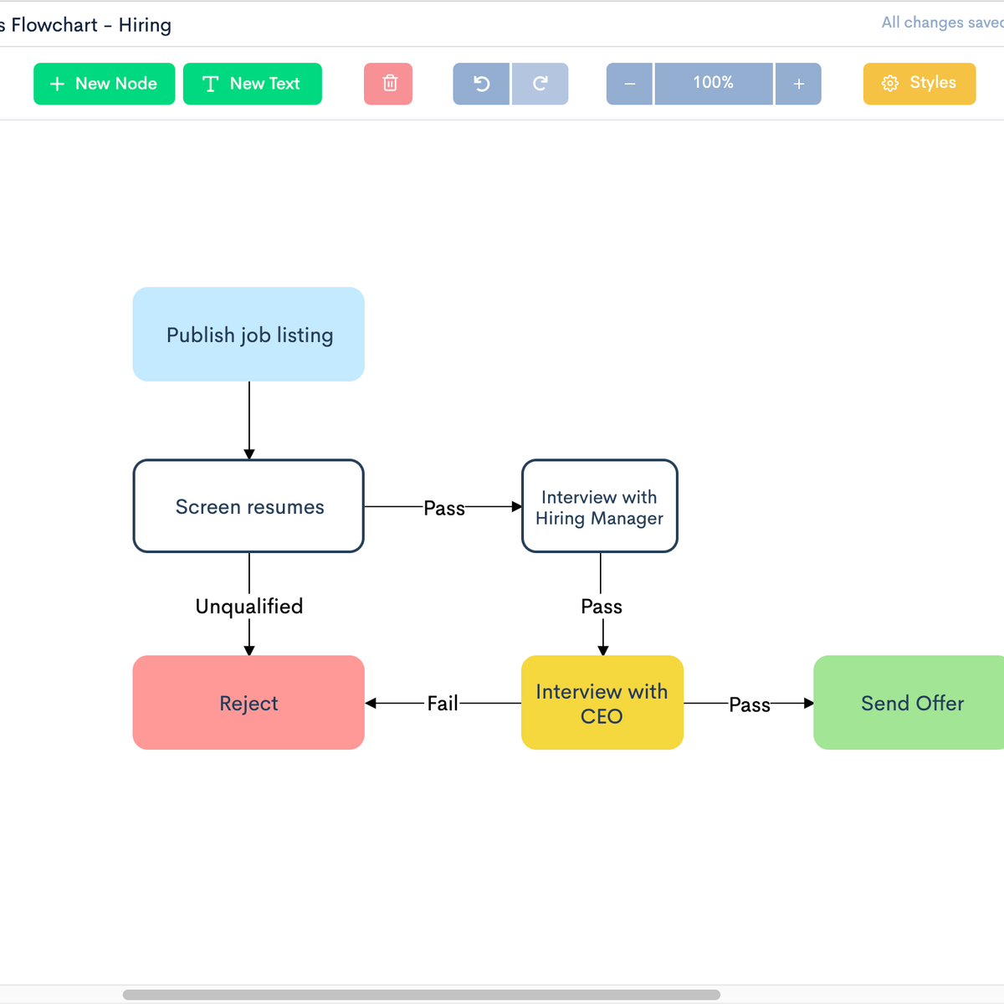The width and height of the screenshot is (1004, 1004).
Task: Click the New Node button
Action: click(104, 84)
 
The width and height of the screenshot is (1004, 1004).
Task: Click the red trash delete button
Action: click(388, 84)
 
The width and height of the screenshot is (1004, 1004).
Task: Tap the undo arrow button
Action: click(481, 84)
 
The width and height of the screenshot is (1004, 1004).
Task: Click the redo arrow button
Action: click(540, 84)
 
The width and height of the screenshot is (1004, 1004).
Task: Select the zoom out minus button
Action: click(629, 84)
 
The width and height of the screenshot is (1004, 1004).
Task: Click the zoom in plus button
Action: click(798, 84)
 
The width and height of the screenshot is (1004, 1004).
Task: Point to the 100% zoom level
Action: click(714, 84)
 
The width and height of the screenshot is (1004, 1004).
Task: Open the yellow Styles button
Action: click(919, 84)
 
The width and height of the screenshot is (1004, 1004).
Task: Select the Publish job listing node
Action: click(248, 335)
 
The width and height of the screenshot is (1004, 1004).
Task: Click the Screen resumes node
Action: click(248, 506)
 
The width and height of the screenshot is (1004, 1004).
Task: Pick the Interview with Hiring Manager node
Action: click(600, 506)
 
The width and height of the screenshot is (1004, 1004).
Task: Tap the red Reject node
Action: click(248, 703)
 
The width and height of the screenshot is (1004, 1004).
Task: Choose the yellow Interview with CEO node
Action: click(602, 703)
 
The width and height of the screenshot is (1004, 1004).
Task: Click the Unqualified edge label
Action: click(249, 607)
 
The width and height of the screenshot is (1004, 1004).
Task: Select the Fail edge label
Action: click(443, 704)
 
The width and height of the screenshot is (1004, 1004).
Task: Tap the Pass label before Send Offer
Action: click(749, 704)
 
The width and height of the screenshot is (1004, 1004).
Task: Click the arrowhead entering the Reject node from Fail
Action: click(371, 703)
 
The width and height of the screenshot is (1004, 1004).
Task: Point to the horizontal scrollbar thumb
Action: click(421, 995)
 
